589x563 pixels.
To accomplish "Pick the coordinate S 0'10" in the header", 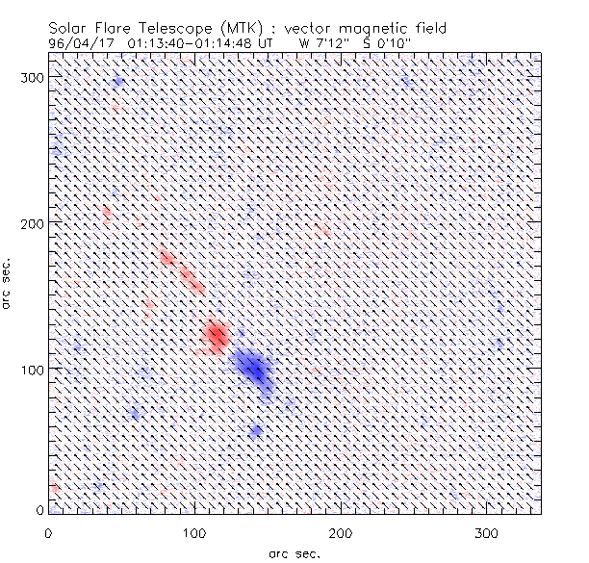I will [x=385, y=42].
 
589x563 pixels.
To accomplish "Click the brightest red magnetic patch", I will [x=217, y=336].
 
